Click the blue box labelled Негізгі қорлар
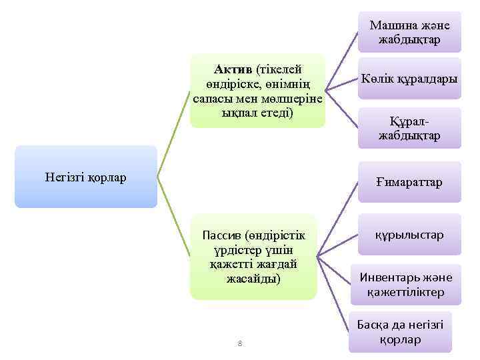[x=86, y=177]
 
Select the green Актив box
[x=257, y=91]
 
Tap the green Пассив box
[x=253, y=257]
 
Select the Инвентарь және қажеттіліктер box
[x=405, y=285]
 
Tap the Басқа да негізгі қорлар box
[x=400, y=332]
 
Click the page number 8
[x=240, y=343]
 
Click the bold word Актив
[x=233, y=69]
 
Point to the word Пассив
[x=222, y=235]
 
